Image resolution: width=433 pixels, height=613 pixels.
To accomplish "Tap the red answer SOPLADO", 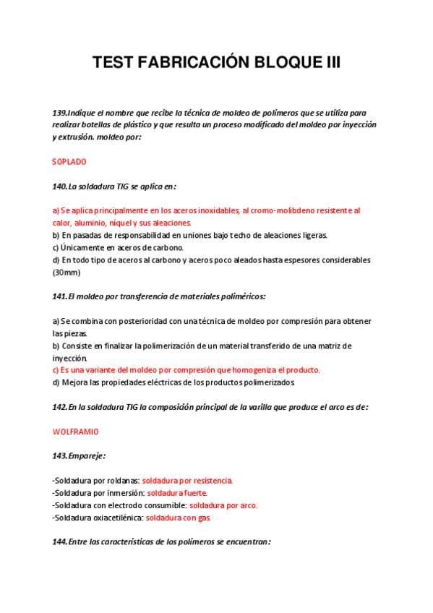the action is coord(69,162).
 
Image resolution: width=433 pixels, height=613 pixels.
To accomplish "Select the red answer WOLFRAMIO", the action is coord(76,432).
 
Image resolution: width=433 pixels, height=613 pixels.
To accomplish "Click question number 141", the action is coord(59,296).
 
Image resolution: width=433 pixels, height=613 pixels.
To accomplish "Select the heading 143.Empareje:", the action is coord(80,455).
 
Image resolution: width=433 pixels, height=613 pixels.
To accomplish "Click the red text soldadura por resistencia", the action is coord(187,480).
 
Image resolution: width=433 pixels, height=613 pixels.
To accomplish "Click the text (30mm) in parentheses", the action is coord(67,273).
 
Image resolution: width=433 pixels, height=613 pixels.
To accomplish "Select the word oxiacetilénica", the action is coord(116,518).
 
